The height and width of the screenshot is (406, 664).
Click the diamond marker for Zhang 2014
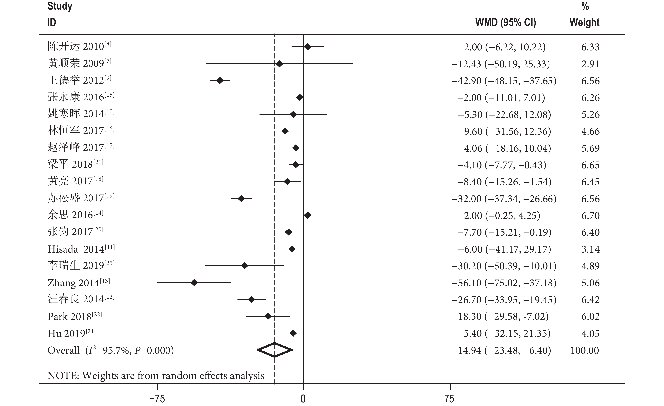(x=194, y=283)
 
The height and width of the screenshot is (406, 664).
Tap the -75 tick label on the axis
(x=157, y=398)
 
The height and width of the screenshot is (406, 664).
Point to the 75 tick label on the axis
(x=450, y=398)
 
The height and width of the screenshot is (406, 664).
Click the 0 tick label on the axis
(x=303, y=398)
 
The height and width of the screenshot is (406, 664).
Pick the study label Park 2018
(x=75, y=316)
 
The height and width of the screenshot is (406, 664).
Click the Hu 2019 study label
(x=71, y=334)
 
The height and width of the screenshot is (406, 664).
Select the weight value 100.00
(x=584, y=350)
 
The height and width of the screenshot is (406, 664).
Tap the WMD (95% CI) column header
(x=506, y=22)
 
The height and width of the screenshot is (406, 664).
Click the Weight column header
(x=584, y=22)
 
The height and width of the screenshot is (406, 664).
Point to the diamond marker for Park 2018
(x=268, y=316)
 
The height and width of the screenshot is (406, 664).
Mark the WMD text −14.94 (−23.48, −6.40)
(x=501, y=350)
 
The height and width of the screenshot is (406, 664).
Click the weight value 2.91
(x=590, y=64)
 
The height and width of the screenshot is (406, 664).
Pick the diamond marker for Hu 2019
(x=293, y=333)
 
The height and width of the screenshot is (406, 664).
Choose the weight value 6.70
(x=590, y=216)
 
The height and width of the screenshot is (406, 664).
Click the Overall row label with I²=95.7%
(x=111, y=350)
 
